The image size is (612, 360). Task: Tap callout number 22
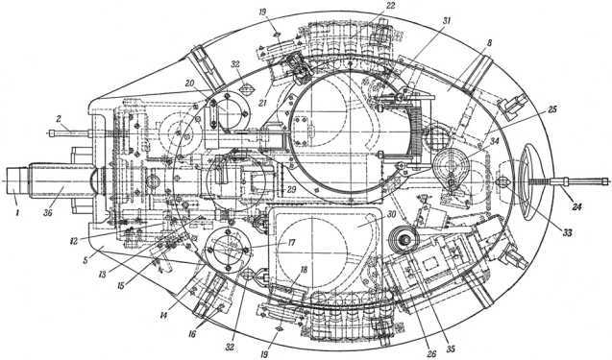pos(389,7)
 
